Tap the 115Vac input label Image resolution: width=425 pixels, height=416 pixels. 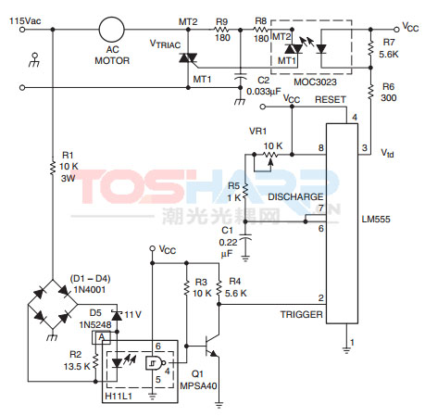coord(25,21)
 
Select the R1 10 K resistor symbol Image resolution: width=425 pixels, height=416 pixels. coord(53,167)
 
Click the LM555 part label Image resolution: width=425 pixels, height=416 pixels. coord(376,220)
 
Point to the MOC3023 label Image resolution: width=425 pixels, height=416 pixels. coord(315,82)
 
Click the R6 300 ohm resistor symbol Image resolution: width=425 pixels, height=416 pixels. coord(370,92)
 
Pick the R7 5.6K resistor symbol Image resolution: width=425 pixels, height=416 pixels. coord(370,48)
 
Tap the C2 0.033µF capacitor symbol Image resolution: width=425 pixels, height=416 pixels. coord(240,77)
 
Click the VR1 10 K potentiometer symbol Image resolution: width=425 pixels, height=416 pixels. coord(269,155)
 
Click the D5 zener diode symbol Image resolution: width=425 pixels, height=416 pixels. coord(117,315)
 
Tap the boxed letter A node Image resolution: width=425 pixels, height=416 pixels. coord(101,337)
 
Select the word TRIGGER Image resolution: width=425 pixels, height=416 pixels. coord(301,315)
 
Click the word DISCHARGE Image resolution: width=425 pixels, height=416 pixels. coord(295,196)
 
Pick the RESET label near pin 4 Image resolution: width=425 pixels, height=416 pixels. coord(331,100)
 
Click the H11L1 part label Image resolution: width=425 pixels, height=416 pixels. coord(119,396)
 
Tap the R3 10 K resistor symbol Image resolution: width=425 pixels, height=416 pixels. coord(186,288)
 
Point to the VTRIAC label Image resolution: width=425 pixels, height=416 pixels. coord(165,44)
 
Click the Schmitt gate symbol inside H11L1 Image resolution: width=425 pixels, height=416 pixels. coord(155,363)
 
